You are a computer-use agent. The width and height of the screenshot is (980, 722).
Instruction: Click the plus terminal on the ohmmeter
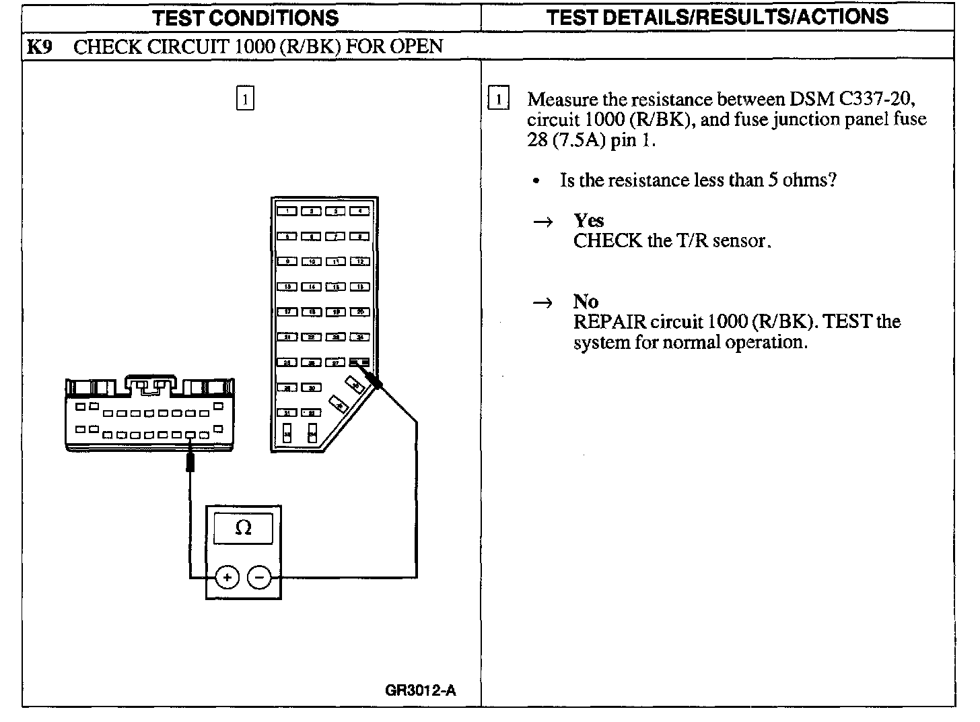click(228, 577)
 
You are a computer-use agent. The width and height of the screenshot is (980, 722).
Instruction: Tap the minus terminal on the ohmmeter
click(259, 577)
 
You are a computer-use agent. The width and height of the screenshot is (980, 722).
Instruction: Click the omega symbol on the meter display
click(243, 529)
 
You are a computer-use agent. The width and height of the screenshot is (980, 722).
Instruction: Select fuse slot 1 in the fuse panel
click(287, 211)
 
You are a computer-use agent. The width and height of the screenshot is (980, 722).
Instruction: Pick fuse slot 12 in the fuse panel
click(360, 261)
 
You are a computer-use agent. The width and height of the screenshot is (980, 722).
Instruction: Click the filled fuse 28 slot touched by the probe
click(360, 362)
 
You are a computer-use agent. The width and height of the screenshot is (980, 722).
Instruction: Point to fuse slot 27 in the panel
click(336, 362)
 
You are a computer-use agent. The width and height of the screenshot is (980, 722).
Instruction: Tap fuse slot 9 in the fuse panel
click(287, 261)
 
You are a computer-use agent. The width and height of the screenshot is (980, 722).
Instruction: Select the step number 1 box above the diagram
click(245, 99)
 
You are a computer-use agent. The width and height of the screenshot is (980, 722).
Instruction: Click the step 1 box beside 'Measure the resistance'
click(498, 99)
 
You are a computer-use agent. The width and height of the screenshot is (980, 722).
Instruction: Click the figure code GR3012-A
click(421, 690)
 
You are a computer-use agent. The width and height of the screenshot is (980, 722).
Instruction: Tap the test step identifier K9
click(39, 46)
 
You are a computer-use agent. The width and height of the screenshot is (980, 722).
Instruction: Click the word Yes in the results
click(588, 220)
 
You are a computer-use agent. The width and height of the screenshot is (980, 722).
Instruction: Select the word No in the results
click(586, 301)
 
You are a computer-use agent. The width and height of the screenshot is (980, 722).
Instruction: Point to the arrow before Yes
click(542, 222)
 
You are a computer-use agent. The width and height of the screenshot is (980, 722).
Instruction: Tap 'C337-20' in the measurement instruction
click(875, 99)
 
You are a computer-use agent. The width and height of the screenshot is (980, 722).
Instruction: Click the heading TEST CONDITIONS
click(245, 18)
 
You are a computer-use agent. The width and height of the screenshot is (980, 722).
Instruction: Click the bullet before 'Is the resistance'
click(536, 181)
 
